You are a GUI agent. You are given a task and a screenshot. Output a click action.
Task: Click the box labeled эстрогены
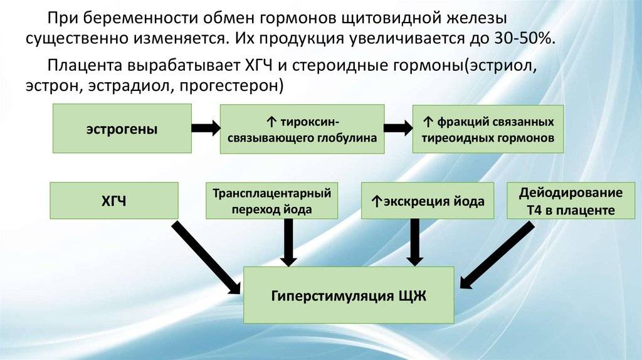pyautogui.click(x=122, y=129)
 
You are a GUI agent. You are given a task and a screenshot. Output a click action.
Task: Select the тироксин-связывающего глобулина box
pyautogui.click(x=302, y=129)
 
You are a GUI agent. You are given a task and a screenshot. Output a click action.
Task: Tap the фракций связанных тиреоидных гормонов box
pyautogui.click(x=488, y=129)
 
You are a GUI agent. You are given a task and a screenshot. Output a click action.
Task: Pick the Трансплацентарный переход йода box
pyautogui.click(x=271, y=201)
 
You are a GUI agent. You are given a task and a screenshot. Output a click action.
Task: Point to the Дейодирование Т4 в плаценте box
pyautogui.click(x=571, y=201)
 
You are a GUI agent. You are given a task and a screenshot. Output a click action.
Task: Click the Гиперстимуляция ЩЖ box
pyautogui.click(x=349, y=295)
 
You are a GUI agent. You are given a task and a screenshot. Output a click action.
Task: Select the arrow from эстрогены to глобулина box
pyautogui.click(x=204, y=129)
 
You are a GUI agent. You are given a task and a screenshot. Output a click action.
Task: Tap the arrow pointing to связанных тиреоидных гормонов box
pyautogui.click(x=397, y=129)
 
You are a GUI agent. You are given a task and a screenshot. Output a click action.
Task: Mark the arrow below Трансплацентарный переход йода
pyautogui.click(x=288, y=242)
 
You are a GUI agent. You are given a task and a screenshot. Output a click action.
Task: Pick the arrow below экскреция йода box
pyautogui.click(x=412, y=242)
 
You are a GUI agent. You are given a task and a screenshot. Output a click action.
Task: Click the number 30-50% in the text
pyautogui.click(x=524, y=37)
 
